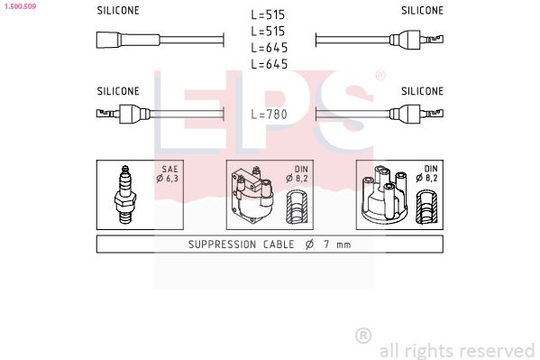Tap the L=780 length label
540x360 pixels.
[269, 114]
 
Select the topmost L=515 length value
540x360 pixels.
[269, 15]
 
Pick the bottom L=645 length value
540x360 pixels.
[269, 64]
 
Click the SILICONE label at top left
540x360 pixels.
[118, 11]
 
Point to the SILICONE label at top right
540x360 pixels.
[422, 11]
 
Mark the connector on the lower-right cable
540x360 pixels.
[412, 114]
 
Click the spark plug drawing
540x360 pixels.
[126, 196]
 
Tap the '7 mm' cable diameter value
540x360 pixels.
[338, 245]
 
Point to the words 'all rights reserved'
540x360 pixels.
[456, 350]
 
